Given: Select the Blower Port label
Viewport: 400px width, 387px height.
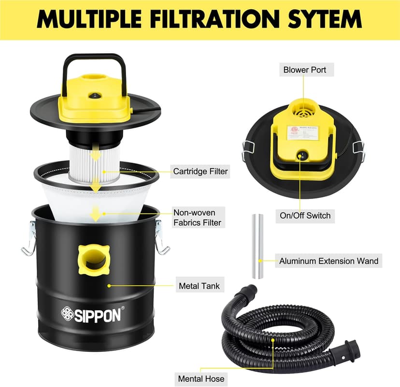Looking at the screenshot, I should pos(304,70).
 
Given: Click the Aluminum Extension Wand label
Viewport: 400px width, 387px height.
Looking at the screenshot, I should pos(329,261).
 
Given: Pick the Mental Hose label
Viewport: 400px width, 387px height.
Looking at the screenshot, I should pos(201,379).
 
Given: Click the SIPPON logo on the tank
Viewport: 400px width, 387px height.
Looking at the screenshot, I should pos(93,315).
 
